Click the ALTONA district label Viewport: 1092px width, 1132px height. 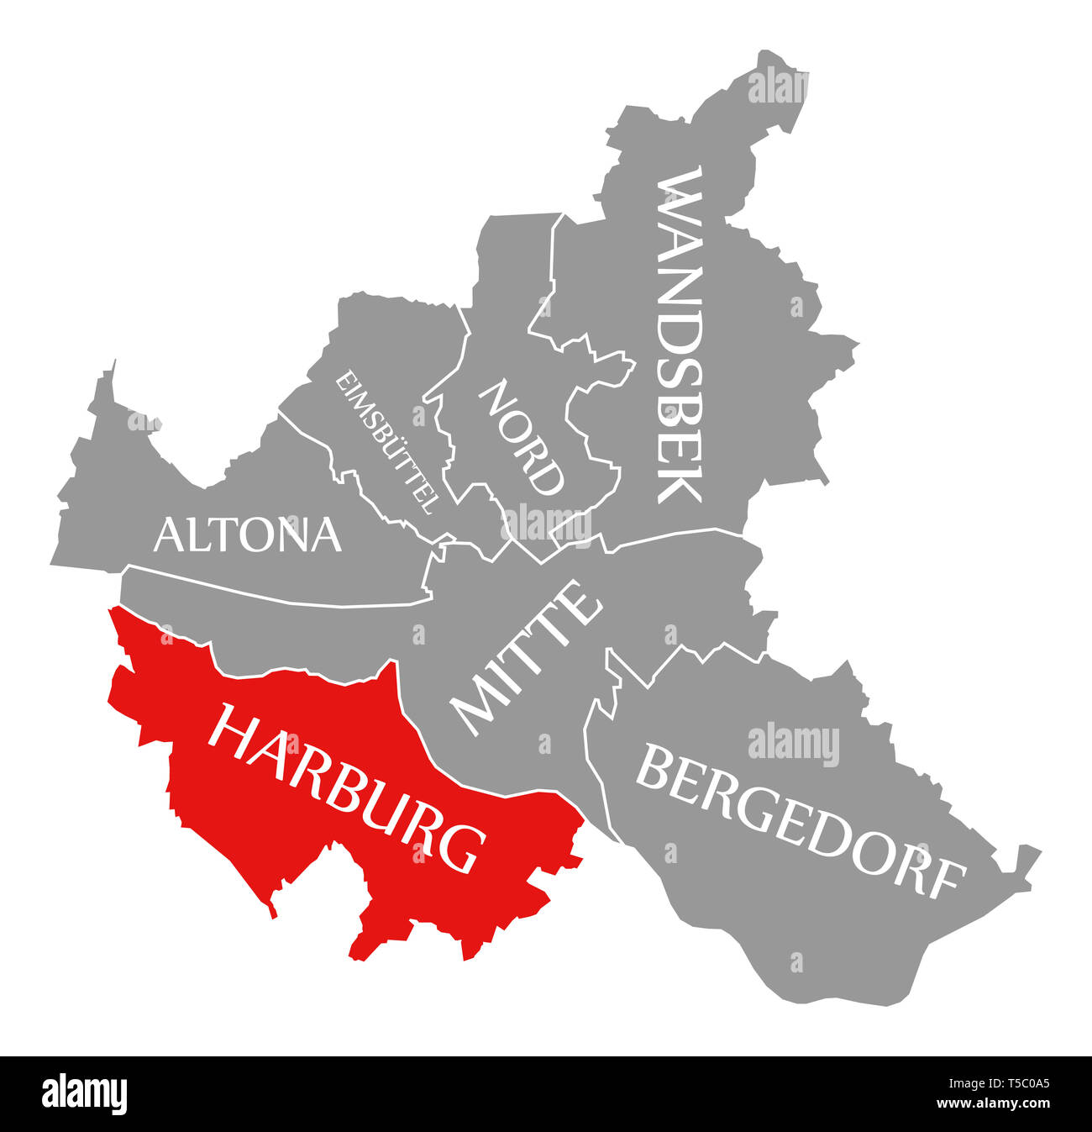coord(248,534)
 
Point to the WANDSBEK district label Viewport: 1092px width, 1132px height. coord(679,334)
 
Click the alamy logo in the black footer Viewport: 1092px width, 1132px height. coord(85,1094)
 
